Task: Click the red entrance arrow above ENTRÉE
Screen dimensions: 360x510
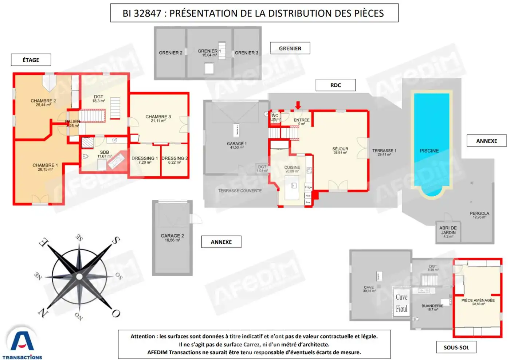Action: point(298,105)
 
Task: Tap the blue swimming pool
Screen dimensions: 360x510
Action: point(431,142)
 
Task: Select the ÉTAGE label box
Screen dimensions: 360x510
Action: point(31,60)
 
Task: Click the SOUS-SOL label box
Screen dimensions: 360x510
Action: point(456,348)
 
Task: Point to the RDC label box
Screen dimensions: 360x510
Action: point(336,85)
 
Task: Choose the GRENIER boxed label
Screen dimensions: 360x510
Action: point(290,48)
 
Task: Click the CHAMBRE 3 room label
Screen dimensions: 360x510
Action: point(158,117)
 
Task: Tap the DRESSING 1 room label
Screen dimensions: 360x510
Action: point(145,159)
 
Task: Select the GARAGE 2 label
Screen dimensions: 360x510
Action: point(172,236)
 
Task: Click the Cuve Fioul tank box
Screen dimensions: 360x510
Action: point(401,303)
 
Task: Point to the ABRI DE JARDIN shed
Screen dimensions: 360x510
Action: point(448,232)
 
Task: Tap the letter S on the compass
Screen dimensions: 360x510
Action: point(115,240)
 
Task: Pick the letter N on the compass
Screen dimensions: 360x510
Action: point(43,312)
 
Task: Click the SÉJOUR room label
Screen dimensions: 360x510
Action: point(340,149)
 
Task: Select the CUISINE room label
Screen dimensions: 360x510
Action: point(292,168)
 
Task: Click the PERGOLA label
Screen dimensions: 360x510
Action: point(479,214)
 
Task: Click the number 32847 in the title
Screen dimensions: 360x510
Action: point(148,13)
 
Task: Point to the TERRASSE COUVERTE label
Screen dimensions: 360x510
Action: point(240,191)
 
